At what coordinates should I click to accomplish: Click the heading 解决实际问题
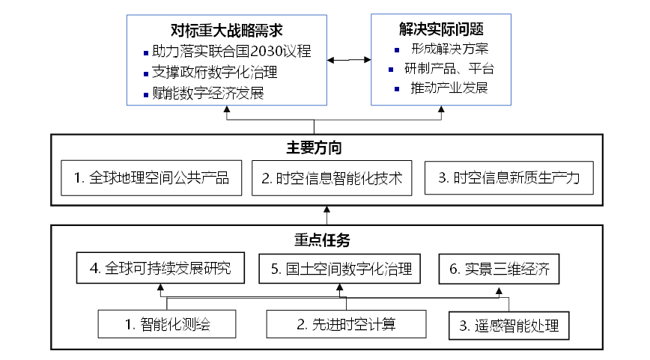point(441,30)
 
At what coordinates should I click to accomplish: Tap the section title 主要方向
point(325,146)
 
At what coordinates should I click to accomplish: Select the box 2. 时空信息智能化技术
point(332,179)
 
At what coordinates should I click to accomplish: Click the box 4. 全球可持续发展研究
point(161,269)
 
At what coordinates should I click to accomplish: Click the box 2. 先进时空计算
point(346,324)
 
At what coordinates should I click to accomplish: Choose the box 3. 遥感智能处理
point(509,326)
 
